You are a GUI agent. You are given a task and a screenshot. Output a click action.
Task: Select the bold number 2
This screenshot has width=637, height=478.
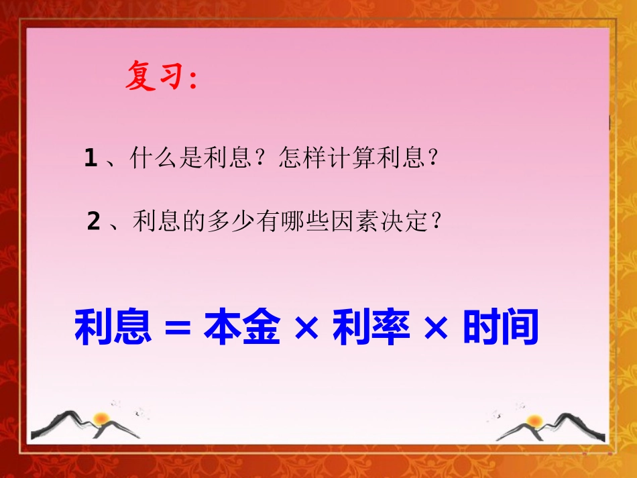94,221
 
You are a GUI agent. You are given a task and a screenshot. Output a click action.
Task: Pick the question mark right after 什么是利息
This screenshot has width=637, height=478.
262,159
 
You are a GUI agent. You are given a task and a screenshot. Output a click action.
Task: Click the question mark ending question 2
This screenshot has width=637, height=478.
437,221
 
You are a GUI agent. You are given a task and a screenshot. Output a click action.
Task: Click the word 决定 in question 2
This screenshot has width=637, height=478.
396,221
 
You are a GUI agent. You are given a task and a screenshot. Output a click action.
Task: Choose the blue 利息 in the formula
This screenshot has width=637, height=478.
113,327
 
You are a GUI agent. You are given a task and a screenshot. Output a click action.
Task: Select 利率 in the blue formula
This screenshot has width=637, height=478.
371,327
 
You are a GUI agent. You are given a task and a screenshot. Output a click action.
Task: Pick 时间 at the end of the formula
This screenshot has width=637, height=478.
500,327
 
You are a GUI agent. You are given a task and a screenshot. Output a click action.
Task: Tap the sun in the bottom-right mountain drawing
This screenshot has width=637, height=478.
534,421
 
